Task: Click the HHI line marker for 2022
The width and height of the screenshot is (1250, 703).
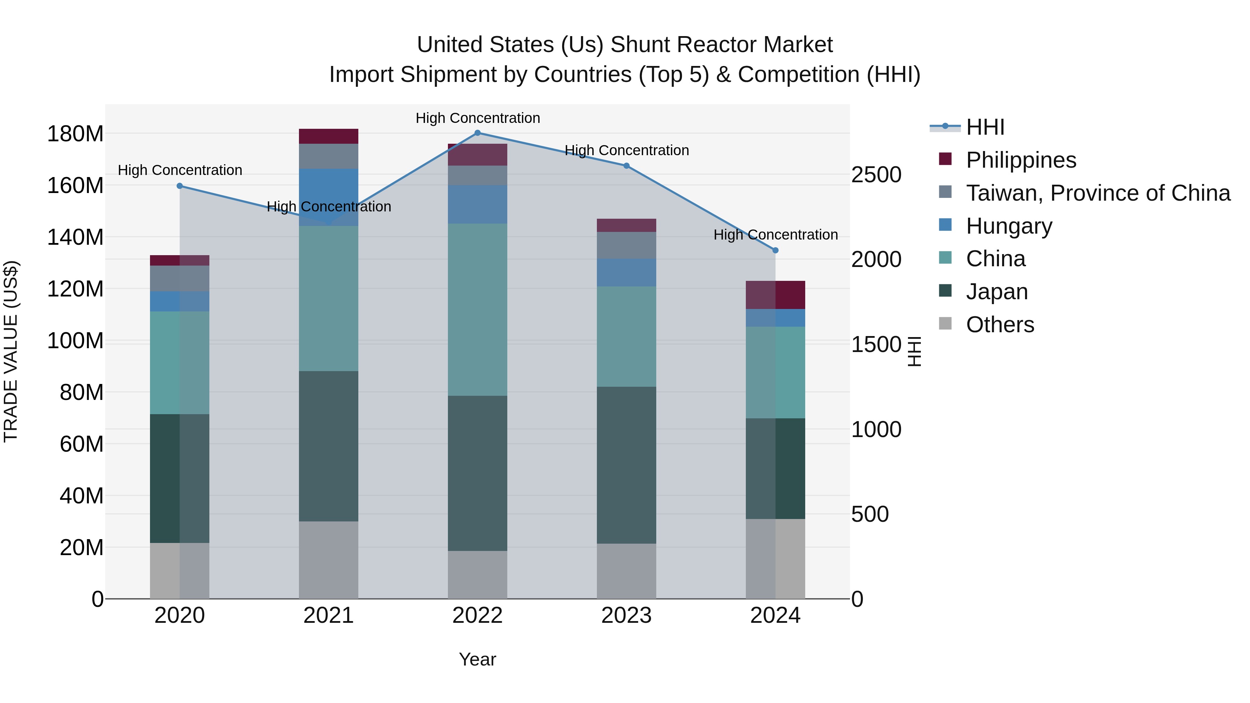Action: pos(477,133)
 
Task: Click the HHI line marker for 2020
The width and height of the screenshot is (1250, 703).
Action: pos(180,186)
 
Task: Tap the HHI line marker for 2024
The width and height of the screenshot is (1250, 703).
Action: pos(775,250)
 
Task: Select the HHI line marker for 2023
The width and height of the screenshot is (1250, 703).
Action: pos(626,166)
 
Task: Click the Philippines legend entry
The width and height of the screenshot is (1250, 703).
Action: pos(1020,160)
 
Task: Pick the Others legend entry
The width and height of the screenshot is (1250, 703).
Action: pos(1000,325)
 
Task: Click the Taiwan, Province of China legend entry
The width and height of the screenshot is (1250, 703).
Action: pos(1098,193)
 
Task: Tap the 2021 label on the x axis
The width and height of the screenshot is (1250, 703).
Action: pos(328,616)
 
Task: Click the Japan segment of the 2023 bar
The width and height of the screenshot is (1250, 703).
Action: pos(626,465)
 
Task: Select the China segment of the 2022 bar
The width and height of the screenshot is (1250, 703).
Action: pos(477,310)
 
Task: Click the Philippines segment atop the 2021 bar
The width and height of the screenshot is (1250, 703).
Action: pos(328,136)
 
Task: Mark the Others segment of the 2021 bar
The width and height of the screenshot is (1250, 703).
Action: pos(328,560)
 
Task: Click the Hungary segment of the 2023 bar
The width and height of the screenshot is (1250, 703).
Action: pos(626,272)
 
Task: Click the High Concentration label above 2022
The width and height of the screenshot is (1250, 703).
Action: pos(477,118)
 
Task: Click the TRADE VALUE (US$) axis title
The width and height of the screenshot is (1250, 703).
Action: pos(11,351)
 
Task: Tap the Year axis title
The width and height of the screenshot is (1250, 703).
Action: pos(477,659)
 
